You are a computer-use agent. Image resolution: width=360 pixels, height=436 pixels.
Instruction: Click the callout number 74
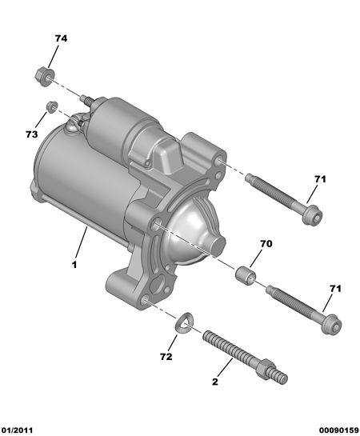[61, 38]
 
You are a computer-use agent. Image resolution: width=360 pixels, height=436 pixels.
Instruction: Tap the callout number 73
[32, 134]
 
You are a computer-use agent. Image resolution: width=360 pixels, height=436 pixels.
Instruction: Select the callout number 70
[266, 244]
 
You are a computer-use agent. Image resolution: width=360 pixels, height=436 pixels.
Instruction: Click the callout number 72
[166, 357]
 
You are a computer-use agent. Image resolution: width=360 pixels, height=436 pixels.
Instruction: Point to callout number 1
[74, 265]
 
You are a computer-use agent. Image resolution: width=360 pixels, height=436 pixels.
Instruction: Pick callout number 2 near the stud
[215, 382]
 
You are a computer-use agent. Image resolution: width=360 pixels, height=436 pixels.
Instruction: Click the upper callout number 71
[320, 179]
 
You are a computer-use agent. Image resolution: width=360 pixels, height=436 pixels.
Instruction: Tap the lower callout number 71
[335, 289]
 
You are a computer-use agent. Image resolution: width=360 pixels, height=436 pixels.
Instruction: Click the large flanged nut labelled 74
[45, 76]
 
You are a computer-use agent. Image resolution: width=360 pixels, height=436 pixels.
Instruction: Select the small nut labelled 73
[52, 107]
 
